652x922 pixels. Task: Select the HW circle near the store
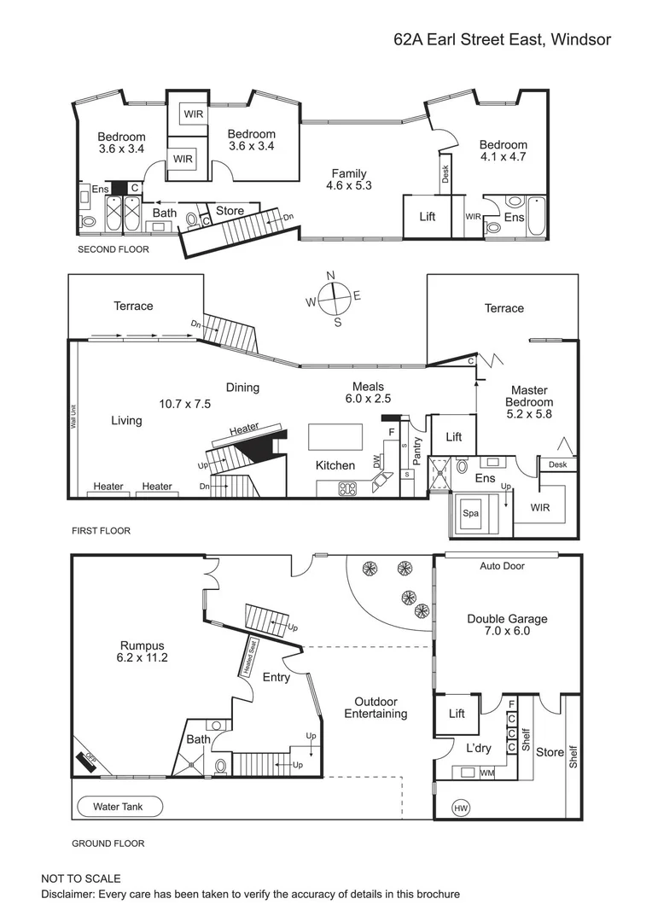tap(462, 808)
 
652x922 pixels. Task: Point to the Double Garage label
tap(507, 619)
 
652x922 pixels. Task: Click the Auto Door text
tap(502, 566)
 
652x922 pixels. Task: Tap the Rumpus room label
tap(141, 645)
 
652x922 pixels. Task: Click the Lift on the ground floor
tap(457, 713)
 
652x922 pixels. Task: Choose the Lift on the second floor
tap(428, 217)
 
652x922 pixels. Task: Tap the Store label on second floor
tap(230, 211)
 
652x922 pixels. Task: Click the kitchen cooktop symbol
tap(348, 489)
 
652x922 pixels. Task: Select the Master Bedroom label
tap(529, 396)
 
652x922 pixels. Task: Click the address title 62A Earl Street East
tap(502, 39)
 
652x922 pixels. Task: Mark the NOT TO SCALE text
tap(81, 878)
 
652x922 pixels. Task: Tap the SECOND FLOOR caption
tap(113, 250)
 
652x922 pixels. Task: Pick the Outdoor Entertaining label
tap(375, 708)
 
